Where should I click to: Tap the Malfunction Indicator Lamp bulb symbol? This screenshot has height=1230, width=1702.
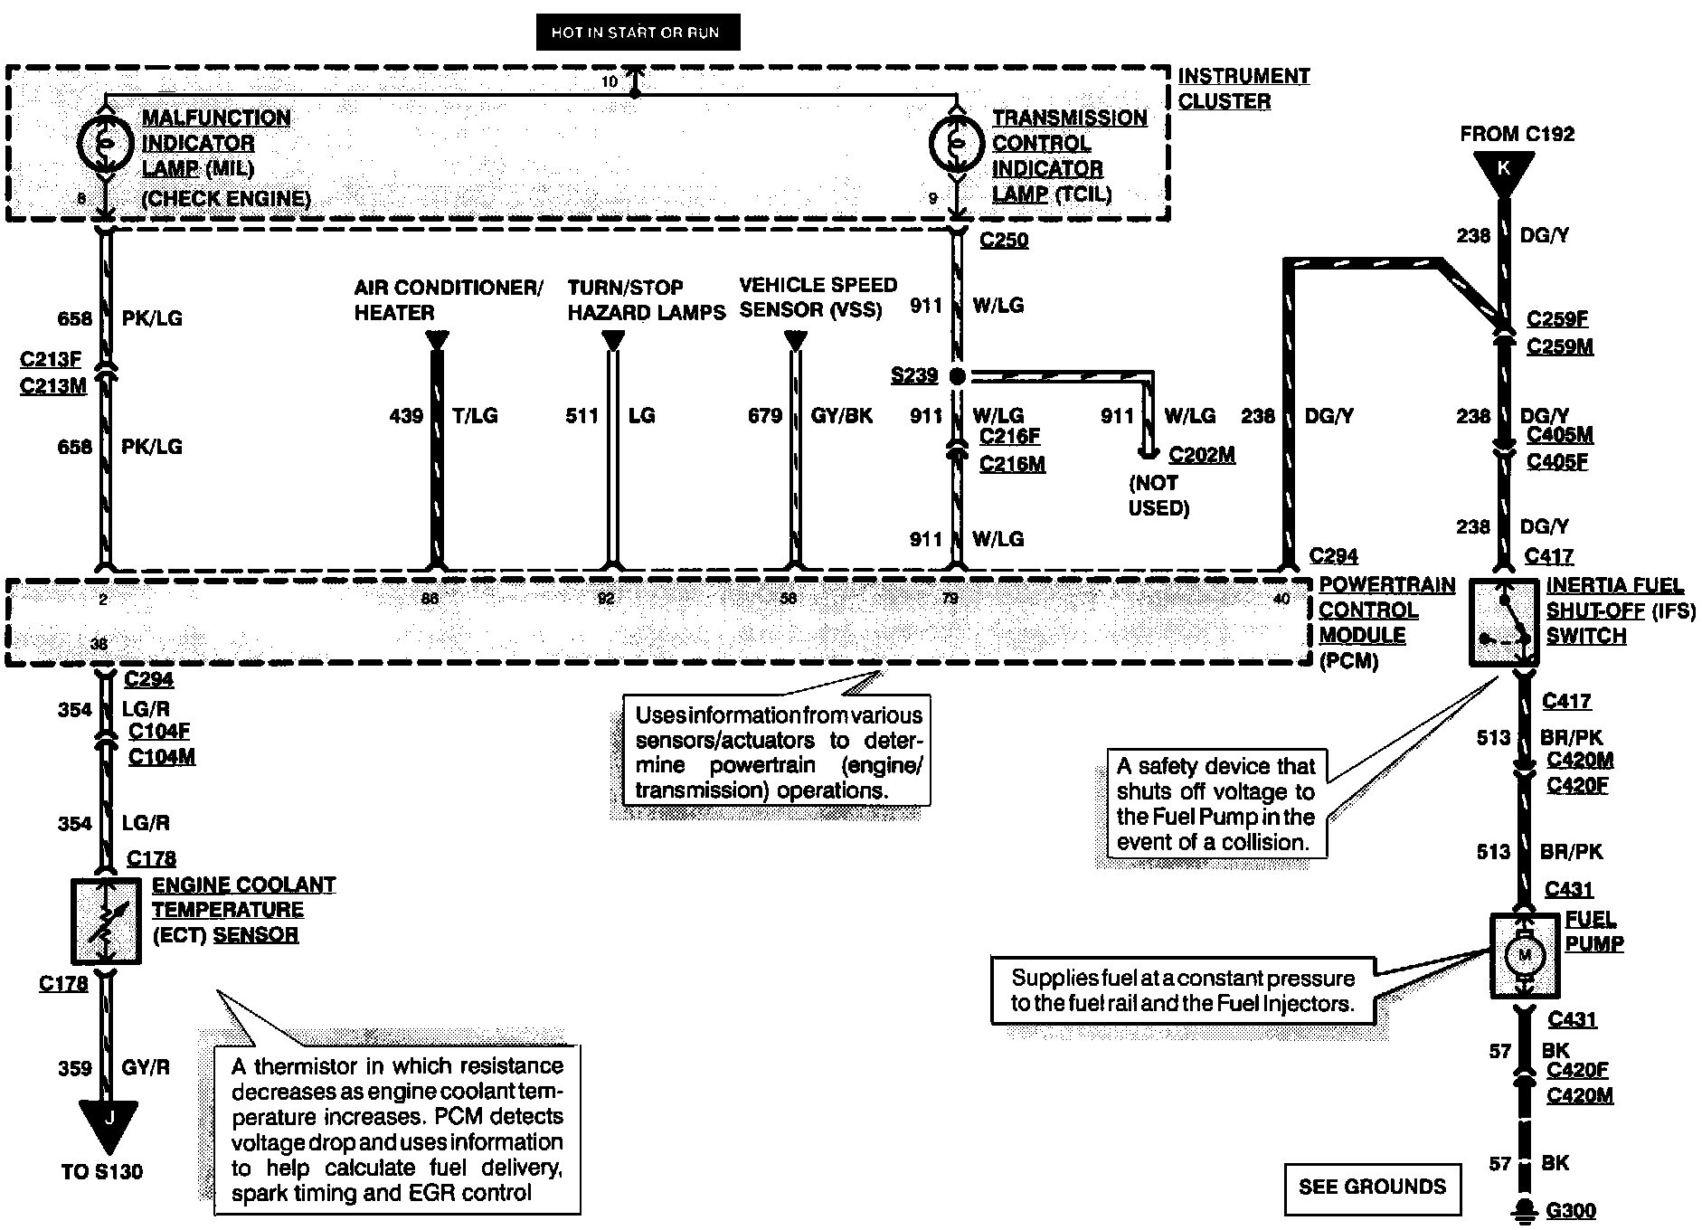pos(105,142)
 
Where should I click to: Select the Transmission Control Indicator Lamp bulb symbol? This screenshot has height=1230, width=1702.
pos(957,142)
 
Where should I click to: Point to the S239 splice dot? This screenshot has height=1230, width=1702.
pos(957,375)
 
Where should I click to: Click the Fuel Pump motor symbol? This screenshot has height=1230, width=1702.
pos(1525,955)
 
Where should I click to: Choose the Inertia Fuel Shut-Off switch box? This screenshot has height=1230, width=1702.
pos(1503,623)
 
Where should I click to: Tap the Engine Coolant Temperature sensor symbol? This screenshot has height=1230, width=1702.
pos(105,921)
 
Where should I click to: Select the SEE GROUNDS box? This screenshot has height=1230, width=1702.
pos(1372,1187)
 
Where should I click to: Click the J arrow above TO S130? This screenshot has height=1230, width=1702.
pos(108,1121)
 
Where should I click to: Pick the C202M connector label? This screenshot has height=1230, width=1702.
pos(1201,455)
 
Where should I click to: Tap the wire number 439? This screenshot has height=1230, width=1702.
pos(406,416)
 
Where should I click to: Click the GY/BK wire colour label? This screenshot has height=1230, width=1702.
pos(841,416)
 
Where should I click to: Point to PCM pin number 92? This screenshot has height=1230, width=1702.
pos(606,599)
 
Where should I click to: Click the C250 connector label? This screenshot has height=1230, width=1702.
pos(1004,241)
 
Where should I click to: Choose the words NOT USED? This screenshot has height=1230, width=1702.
pos(1158,496)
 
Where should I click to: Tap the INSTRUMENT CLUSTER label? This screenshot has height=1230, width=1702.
pos(1243,89)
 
